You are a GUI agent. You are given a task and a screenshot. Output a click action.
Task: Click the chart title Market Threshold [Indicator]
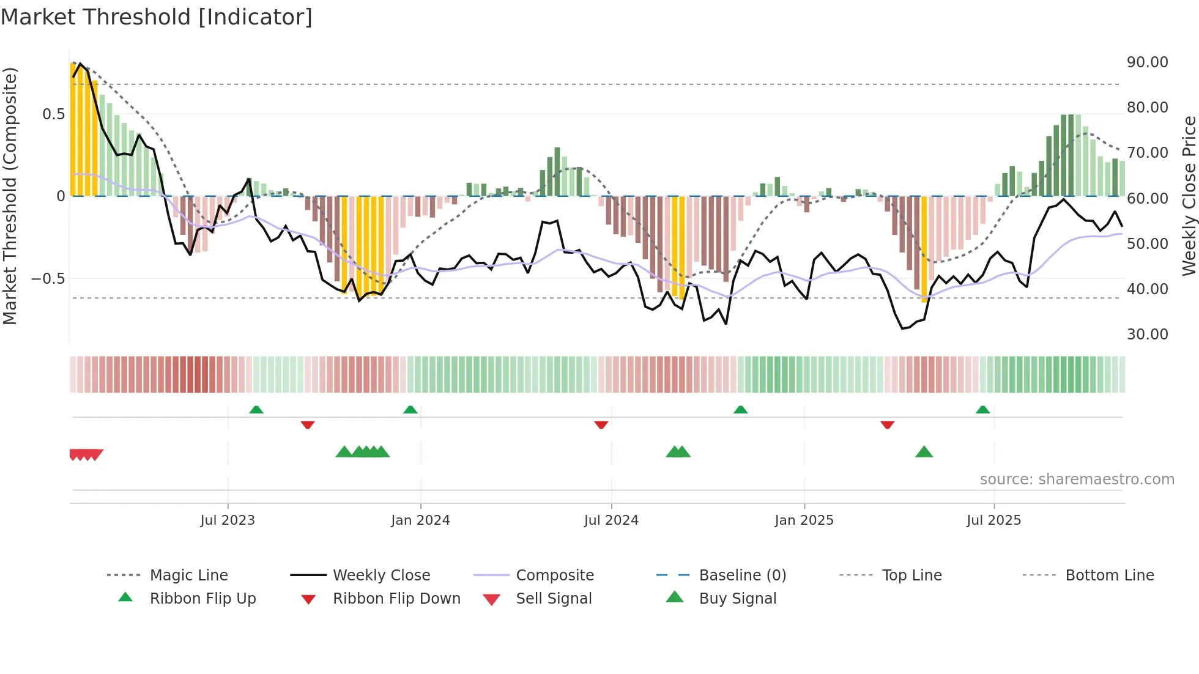click(157, 17)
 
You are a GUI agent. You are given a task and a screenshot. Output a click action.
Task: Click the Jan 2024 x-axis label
click(420, 520)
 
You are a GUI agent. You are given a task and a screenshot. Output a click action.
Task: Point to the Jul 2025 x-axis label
click(993, 520)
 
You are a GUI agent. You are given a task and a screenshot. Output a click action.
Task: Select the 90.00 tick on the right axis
click(1147, 62)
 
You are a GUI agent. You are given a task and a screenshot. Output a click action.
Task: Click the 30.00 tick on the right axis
click(1147, 335)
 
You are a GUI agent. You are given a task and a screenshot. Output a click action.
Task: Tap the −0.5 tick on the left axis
click(48, 279)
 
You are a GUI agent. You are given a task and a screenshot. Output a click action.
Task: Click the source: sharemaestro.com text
click(1077, 480)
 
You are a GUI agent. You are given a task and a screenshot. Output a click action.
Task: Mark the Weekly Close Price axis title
click(1189, 196)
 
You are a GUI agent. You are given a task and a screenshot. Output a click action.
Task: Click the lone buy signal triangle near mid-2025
click(924, 453)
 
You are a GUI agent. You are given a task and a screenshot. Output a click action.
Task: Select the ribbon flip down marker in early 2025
click(887, 424)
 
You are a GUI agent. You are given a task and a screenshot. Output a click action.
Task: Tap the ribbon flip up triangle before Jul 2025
click(982, 410)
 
